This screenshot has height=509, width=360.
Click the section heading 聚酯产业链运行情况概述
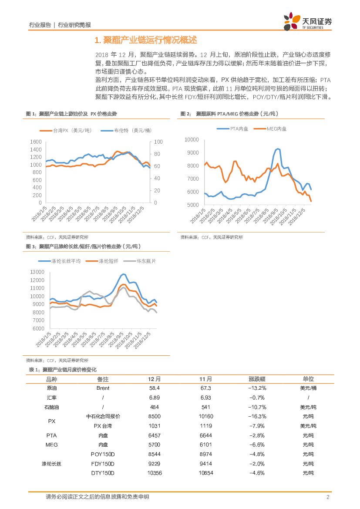(146, 40)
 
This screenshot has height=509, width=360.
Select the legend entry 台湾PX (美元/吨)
(64, 130)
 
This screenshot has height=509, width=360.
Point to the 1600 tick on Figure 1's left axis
(36, 142)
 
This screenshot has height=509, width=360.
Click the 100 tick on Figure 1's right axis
(158, 142)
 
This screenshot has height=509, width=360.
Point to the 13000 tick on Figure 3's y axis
(38, 272)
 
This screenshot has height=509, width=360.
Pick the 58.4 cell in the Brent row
(155, 388)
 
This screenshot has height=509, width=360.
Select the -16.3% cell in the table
(257, 416)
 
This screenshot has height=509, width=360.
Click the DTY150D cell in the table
(103, 473)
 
